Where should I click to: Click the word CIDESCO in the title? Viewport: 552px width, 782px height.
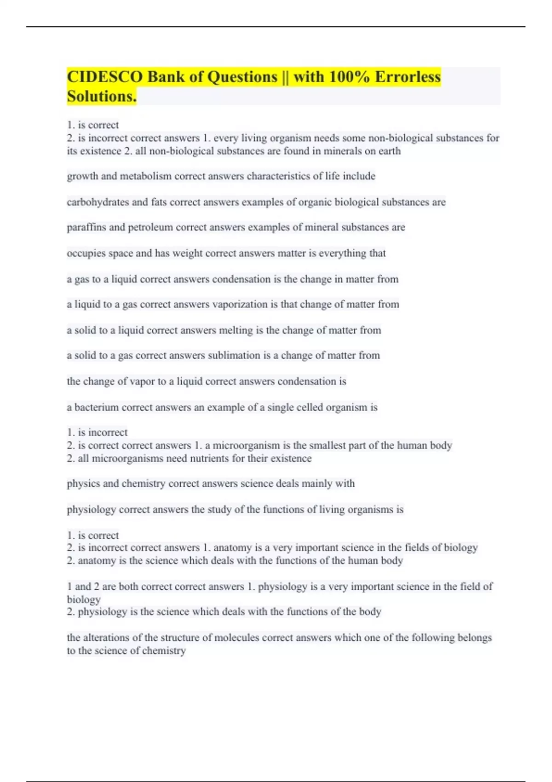pos(105,77)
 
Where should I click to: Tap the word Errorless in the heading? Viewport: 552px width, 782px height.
pos(408,77)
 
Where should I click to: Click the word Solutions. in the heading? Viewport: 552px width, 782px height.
pos(102,97)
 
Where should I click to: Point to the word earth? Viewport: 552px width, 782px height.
pos(390,151)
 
